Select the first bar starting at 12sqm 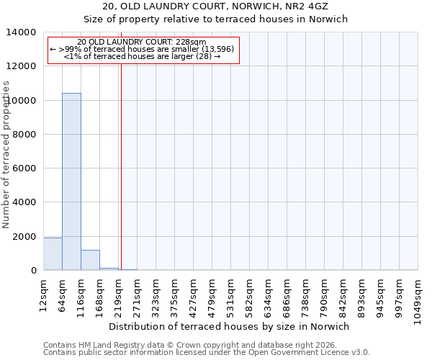(x=53, y=253)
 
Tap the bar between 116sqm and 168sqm (x=90, y=260)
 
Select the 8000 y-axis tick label (x=24, y=135)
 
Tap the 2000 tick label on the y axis (x=24, y=237)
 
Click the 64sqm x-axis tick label (x=63, y=293)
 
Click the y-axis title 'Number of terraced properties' (x=6, y=154)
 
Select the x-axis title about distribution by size (x=230, y=326)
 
